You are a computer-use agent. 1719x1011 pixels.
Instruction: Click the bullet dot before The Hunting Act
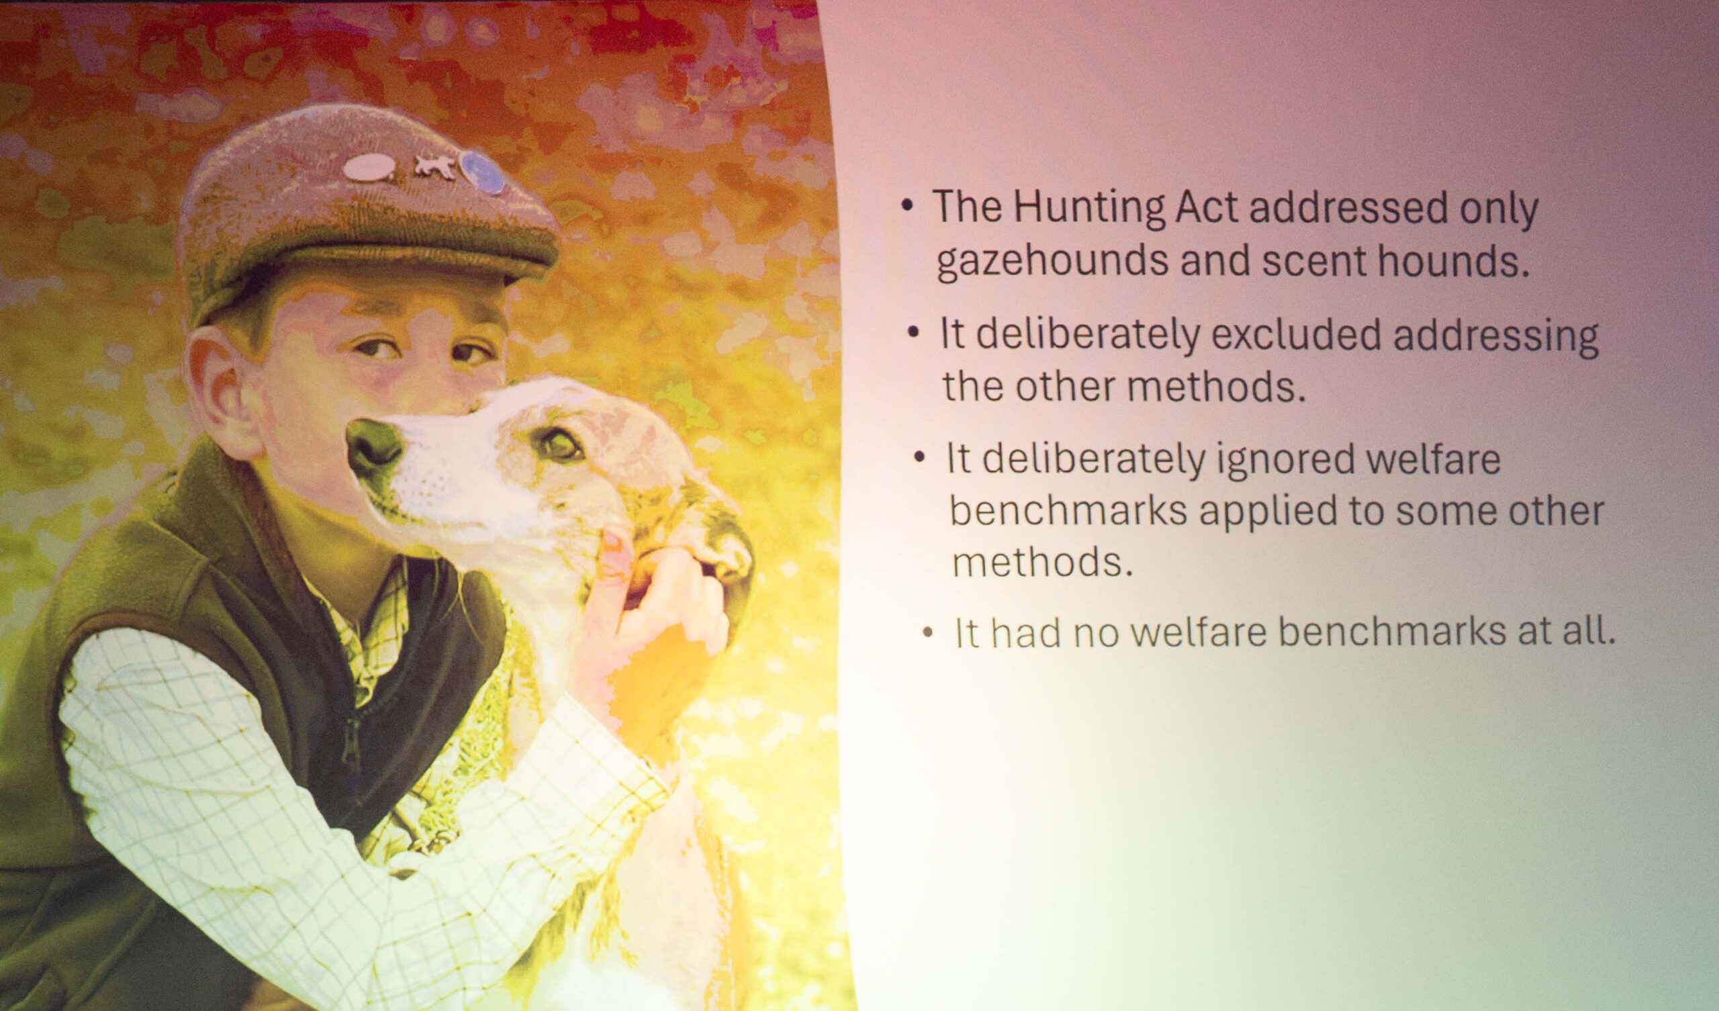pyautogui.click(x=907, y=207)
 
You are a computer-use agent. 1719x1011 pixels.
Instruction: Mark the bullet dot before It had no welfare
pyautogui.click(x=927, y=634)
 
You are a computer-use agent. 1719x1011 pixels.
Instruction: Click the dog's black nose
pyautogui.click(x=374, y=446)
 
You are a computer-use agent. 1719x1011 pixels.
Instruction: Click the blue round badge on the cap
pyautogui.click(x=481, y=173)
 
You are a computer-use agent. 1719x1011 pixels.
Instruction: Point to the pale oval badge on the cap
pyautogui.click(x=369, y=167)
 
